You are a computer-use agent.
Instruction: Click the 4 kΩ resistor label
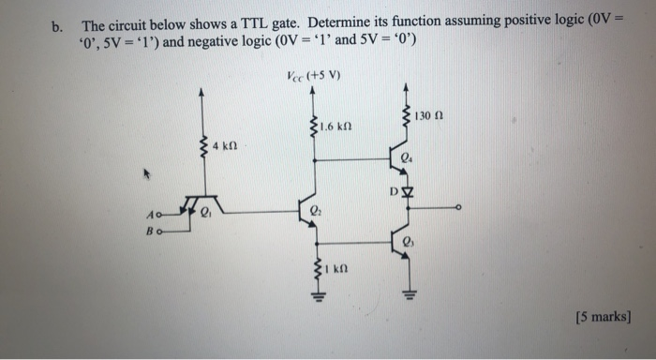[x=224, y=147]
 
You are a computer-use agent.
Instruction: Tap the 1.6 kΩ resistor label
[x=334, y=127]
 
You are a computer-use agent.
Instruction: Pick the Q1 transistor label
[x=207, y=216]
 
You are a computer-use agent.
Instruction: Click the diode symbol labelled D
[x=406, y=194]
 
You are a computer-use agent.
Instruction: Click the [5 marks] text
[x=602, y=316]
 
